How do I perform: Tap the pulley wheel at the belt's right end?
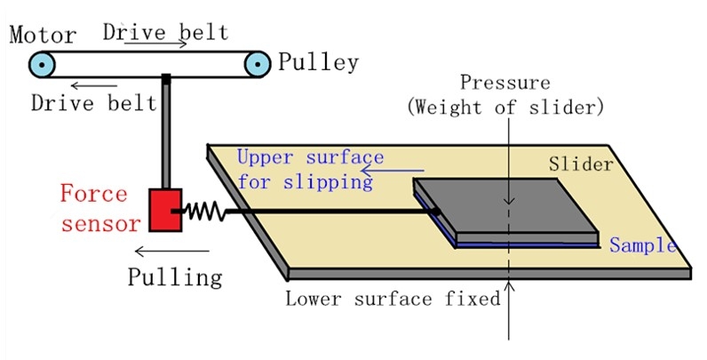click(x=258, y=63)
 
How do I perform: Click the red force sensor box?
click(x=165, y=210)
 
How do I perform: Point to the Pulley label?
click(x=318, y=62)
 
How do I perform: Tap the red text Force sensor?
click(x=99, y=208)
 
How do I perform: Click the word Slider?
click(x=578, y=164)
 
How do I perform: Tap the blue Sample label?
click(x=643, y=245)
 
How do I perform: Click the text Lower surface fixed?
click(x=393, y=299)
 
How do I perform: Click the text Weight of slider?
click(x=505, y=108)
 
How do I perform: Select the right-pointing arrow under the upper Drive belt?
click(x=143, y=42)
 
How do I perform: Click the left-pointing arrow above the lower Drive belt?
click(x=87, y=84)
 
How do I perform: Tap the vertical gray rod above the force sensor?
click(x=166, y=133)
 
